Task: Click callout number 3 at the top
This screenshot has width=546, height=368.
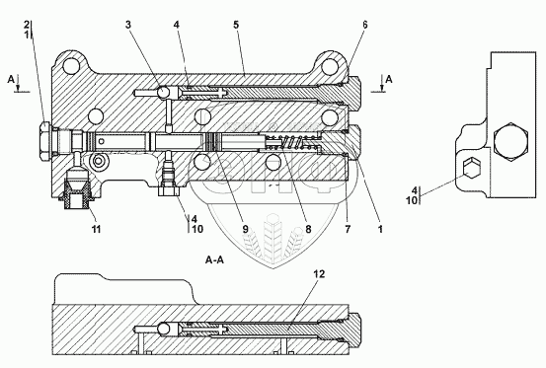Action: (128, 25)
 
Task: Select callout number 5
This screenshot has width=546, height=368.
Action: (236, 25)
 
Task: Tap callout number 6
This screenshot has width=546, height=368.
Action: (364, 25)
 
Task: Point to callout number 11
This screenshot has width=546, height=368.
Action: (96, 229)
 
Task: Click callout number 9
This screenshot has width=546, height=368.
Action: (245, 229)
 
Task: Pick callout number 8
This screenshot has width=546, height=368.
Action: (308, 229)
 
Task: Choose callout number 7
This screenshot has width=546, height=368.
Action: (348, 229)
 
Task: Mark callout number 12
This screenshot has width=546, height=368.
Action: (319, 274)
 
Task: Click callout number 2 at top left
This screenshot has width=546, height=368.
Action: (27, 25)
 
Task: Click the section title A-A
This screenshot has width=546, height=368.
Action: (214, 259)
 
